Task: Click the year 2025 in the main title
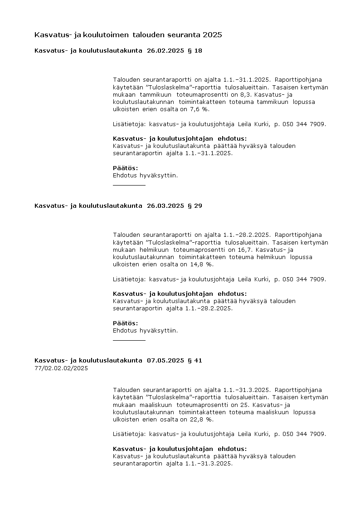point(213,35)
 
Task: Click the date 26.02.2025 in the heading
point(165,51)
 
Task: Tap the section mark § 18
point(195,51)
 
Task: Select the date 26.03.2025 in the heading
point(165,206)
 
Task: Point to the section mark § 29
point(195,206)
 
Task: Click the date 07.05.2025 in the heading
point(165,361)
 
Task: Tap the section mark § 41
point(195,361)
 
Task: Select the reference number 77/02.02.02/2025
point(61,368)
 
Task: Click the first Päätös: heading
point(125,168)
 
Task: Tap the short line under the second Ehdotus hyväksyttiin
point(129,340)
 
